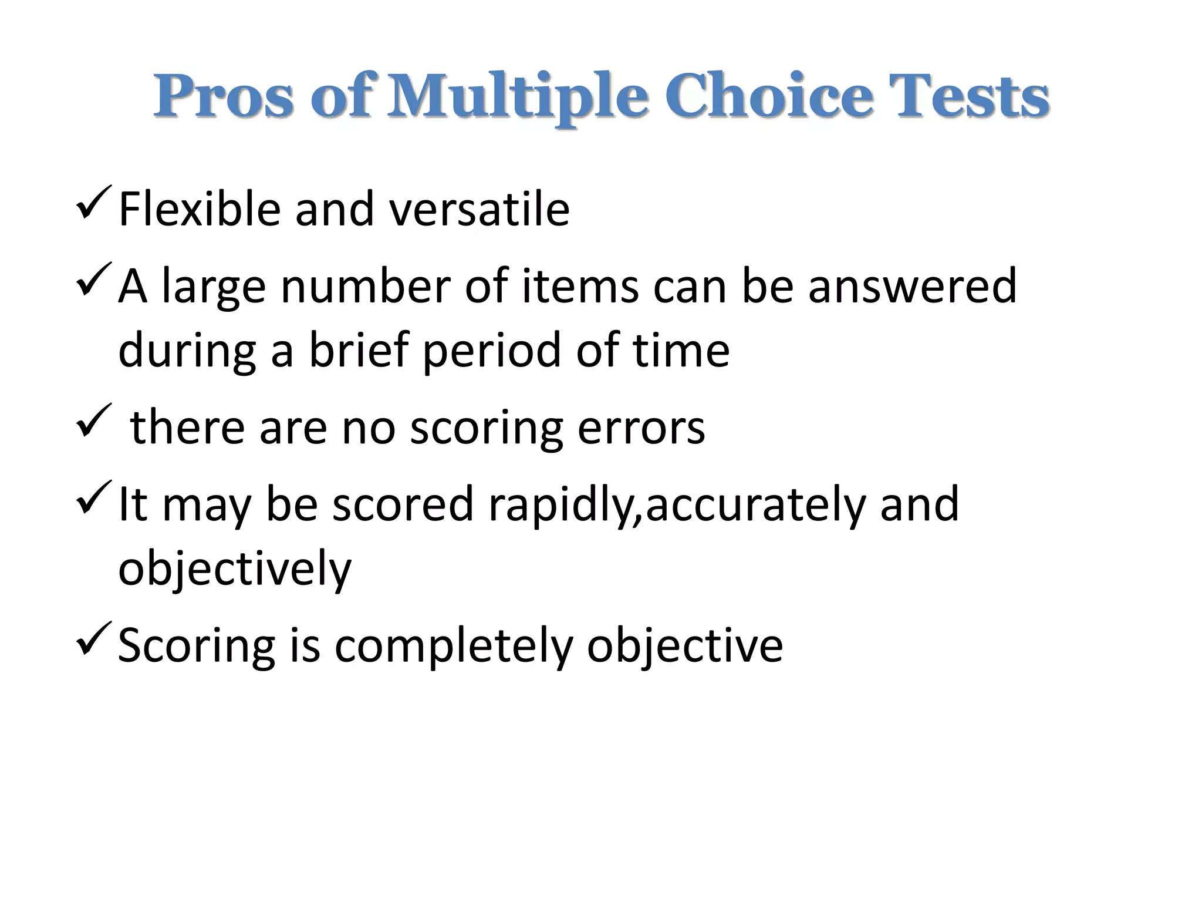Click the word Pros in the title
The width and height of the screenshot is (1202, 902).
(224, 97)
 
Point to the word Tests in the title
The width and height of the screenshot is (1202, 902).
(968, 97)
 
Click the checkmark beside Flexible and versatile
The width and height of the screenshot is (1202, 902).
(93, 203)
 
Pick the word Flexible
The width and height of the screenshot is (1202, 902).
(200, 210)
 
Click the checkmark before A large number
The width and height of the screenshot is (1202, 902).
(93, 281)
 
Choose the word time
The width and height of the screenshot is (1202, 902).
(681, 350)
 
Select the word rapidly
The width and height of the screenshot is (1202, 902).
(563, 505)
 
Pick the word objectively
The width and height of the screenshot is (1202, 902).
(235, 570)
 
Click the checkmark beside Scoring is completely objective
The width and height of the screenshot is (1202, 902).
(93, 640)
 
